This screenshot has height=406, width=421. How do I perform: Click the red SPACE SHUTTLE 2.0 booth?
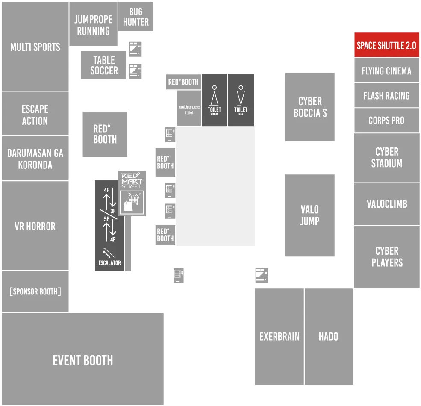387,45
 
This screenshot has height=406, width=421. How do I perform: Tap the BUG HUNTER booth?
136,16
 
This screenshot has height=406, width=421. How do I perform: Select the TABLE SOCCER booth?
103,65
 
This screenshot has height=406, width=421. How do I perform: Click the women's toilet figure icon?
214,96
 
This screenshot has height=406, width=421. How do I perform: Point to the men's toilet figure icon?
241,96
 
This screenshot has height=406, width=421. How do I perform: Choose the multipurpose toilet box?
189,108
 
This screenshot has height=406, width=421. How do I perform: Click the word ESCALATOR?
109,263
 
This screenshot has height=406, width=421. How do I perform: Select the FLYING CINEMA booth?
387,71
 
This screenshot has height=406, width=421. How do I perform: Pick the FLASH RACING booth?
387,95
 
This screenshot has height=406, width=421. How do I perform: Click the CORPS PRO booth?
387,120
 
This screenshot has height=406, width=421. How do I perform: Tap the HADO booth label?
328,336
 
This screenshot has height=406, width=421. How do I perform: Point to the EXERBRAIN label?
279,336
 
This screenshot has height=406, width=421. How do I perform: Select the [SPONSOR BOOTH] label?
35,291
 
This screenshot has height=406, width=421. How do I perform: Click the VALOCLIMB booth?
387,204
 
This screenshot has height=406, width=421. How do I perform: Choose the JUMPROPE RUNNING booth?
94,24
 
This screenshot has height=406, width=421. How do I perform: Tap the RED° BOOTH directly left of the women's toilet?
183,82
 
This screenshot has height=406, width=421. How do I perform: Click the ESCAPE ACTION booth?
35,114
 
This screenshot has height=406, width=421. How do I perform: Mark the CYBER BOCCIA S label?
310,107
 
